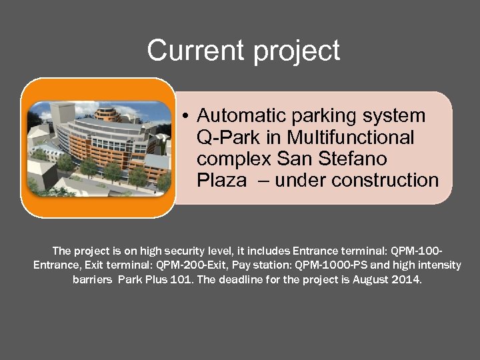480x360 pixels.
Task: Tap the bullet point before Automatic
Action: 189,116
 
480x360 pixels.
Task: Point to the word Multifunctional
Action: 350,137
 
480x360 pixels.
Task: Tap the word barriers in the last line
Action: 93,279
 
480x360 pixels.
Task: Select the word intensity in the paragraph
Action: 437,265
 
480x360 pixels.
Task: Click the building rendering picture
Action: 98,147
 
